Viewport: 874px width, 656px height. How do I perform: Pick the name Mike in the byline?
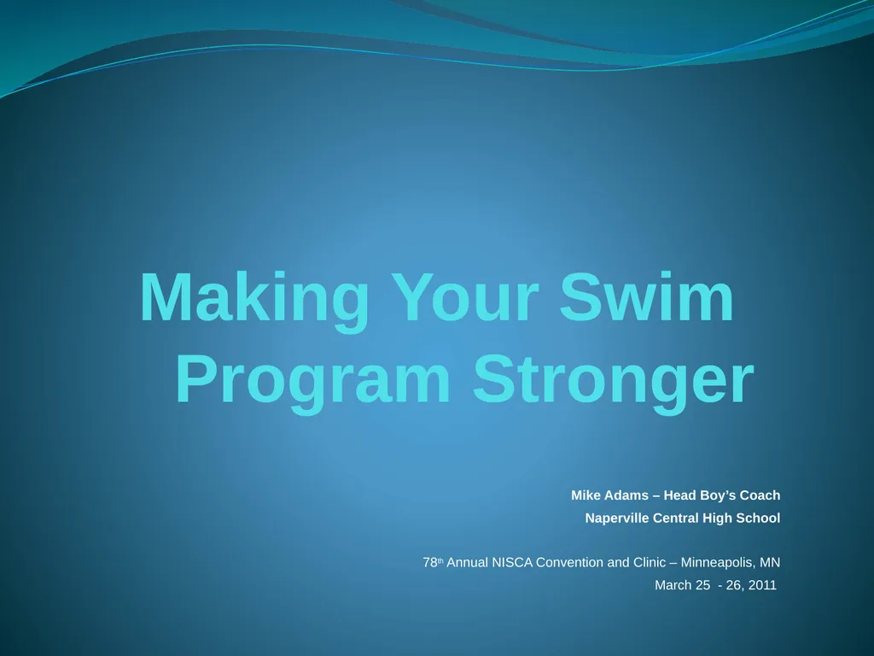[x=586, y=495]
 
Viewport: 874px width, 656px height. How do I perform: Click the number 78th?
[x=433, y=563]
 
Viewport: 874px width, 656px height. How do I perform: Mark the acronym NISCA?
[x=512, y=563]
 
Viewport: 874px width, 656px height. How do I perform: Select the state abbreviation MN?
[x=770, y=563]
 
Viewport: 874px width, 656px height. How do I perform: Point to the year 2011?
[x=762, y=586]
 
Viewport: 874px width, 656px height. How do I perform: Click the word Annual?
[x=469, y=563]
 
